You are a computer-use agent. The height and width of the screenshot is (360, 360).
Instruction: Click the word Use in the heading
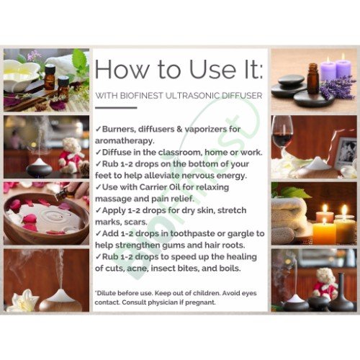point(212,70)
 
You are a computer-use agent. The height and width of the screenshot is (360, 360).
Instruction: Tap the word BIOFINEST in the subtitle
point(141,96)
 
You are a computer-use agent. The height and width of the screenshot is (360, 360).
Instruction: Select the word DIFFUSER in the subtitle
point(242,96)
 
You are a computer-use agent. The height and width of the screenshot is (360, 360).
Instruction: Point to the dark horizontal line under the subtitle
point(116,108)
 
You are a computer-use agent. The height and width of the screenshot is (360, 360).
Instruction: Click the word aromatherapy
point(125,141)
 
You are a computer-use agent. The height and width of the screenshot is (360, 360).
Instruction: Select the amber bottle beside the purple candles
point(313,78)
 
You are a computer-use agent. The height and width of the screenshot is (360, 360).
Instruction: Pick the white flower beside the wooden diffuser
point(23,301)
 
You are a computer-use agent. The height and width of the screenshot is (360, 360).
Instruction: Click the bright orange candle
point(324,233)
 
